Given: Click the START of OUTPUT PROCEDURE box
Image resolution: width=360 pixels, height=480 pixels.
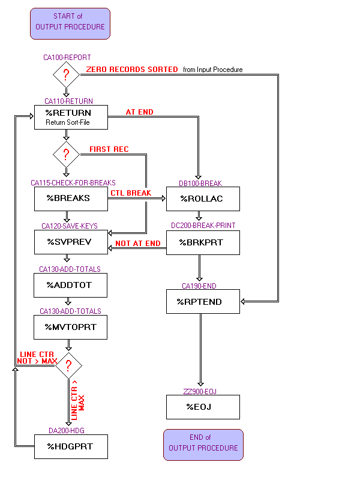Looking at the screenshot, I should (70, 23).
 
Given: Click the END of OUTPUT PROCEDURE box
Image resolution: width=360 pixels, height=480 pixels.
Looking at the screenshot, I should (203, 445).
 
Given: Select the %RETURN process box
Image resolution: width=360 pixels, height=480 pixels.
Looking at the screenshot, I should (71, 117).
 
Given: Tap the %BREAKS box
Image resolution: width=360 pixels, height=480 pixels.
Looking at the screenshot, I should (71, 199).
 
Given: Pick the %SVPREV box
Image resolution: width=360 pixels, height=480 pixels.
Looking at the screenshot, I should (71, 242).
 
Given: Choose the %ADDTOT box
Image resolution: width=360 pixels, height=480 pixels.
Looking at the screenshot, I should (71, 285).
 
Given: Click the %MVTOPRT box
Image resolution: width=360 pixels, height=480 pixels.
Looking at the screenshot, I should (71, 327).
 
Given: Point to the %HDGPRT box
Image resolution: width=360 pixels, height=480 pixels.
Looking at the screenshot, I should (71, 446).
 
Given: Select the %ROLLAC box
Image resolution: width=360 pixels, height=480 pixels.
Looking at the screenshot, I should (203, 199).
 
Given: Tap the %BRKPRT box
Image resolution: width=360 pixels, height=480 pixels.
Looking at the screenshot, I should (203, 242).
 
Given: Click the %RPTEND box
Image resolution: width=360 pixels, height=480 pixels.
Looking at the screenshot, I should (203, 301).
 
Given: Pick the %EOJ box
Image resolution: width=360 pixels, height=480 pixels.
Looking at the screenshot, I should (203, 407).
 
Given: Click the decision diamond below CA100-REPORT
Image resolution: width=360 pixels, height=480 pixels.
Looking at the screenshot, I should (67, 76).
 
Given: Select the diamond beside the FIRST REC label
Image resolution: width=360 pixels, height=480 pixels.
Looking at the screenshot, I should (67, 155).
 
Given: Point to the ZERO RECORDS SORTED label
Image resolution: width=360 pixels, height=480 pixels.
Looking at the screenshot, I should (132, 70).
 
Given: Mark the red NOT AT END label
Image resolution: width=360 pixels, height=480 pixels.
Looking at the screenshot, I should (138, 244).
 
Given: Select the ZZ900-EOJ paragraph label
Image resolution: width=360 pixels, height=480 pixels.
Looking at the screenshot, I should (200, 391).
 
